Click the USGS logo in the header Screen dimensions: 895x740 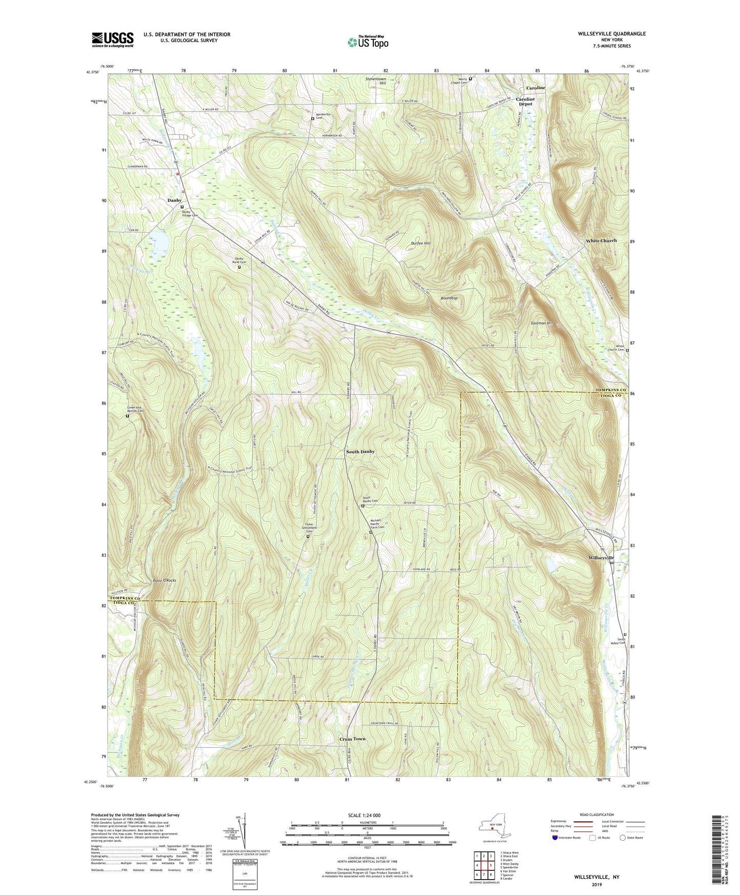point(113,39)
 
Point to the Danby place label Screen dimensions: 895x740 point(174,200)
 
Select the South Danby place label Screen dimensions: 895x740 point(360,452)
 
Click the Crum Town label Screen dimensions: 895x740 point(352,739)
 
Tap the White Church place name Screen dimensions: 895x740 point(601,240)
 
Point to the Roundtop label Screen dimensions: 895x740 point(449,298)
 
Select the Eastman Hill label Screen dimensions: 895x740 point(542,323)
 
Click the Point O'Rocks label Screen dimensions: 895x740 point(164,580)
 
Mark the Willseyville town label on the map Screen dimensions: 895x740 point(601,557)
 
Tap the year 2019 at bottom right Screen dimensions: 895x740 point(597,884)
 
